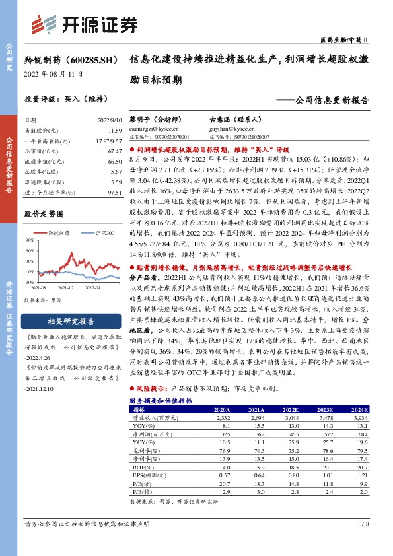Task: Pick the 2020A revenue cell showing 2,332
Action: coord(221,417)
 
